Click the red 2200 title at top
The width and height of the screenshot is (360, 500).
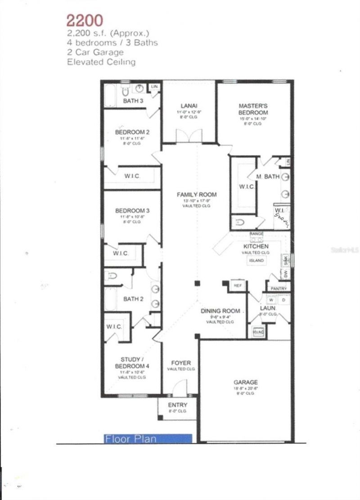[85, 20]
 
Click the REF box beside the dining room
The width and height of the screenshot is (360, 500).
[237, 285]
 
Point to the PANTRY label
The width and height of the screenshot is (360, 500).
[279, 288]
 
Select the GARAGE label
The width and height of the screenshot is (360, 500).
[246, 382]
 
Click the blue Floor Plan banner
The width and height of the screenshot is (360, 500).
[148, 438]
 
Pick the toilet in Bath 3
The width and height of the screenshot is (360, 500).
[126, 91]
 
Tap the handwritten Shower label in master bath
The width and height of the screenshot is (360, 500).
[282, 218]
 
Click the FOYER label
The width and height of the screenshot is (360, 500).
[181, 363]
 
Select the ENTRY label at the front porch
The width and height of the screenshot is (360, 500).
[177, 405]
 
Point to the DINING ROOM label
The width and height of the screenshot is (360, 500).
[220, 311]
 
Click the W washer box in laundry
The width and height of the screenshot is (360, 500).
[271, 299]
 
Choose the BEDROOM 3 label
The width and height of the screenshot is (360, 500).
[132, 210]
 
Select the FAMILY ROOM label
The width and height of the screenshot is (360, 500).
[196, 195]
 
